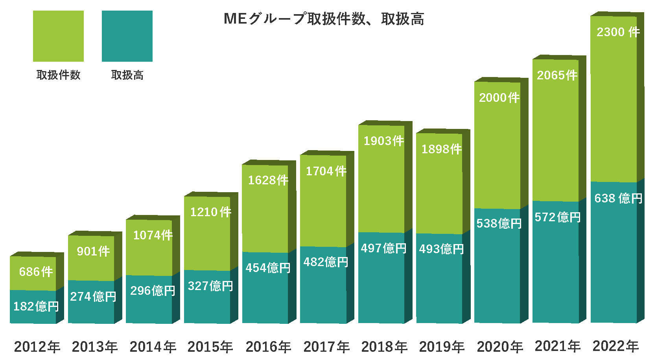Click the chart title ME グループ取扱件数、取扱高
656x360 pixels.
(324, 19)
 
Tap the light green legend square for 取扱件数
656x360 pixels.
(58, 36)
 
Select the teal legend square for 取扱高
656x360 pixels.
(127, 36)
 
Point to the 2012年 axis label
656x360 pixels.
(37, 347)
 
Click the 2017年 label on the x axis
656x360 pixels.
(326, 347)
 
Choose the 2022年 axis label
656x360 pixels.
(615, 346)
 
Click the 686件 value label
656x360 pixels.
(36, 272)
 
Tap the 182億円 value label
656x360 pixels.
(36, 306)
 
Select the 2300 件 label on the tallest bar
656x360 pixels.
(618, 32)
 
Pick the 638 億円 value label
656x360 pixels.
(618, 198)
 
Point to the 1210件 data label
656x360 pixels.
(210, 212)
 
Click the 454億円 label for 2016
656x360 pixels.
(268, 268)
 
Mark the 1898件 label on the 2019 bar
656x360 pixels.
(441, 149)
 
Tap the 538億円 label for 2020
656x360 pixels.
(499, 223)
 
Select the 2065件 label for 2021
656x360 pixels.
(557, 75)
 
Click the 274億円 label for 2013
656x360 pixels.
(93, 296)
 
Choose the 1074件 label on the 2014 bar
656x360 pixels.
(153, 235)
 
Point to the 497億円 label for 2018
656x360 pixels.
(383, 248)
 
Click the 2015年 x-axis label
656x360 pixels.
(210, 347)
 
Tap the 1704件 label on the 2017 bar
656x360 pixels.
(326, 171)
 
